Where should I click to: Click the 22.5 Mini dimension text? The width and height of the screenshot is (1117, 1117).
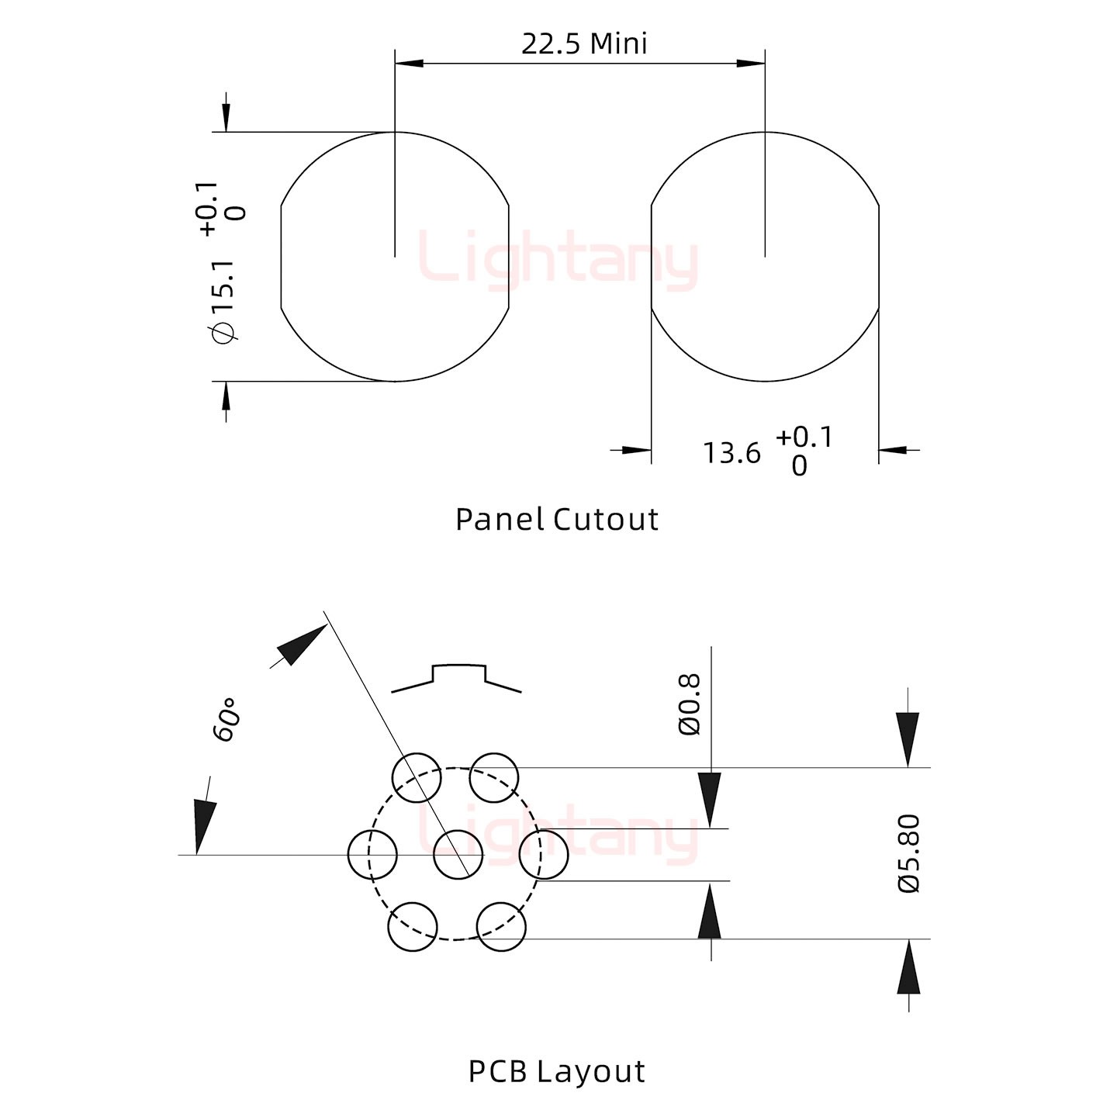(583, 43)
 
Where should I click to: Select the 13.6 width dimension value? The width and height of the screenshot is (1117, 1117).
(731, 453)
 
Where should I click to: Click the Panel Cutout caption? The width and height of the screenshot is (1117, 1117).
(557, 519)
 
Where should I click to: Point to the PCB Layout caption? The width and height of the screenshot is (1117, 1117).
(557, 1071)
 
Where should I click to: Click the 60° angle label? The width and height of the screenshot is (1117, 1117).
(226, 720)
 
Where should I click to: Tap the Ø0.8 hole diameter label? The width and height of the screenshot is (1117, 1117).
(690, 704)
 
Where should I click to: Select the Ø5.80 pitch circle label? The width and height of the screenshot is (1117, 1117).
(909, 853)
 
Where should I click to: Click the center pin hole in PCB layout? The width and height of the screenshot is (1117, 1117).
(458, 854)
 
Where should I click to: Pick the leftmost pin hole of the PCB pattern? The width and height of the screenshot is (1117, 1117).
(372, 854)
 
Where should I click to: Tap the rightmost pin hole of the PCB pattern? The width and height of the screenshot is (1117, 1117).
(544, 854)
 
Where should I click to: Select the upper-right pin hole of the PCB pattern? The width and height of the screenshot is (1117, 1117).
(494, 777)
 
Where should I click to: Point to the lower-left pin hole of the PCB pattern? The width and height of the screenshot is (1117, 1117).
(413, 926)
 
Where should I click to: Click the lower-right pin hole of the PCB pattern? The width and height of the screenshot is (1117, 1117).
(501, 926)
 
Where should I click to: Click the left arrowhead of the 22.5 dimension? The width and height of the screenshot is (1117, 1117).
(409, 63)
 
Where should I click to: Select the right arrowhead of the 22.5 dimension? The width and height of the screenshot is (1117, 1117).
(751, 63)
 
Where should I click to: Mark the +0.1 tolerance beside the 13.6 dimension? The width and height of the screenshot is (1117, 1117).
(804, 437)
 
